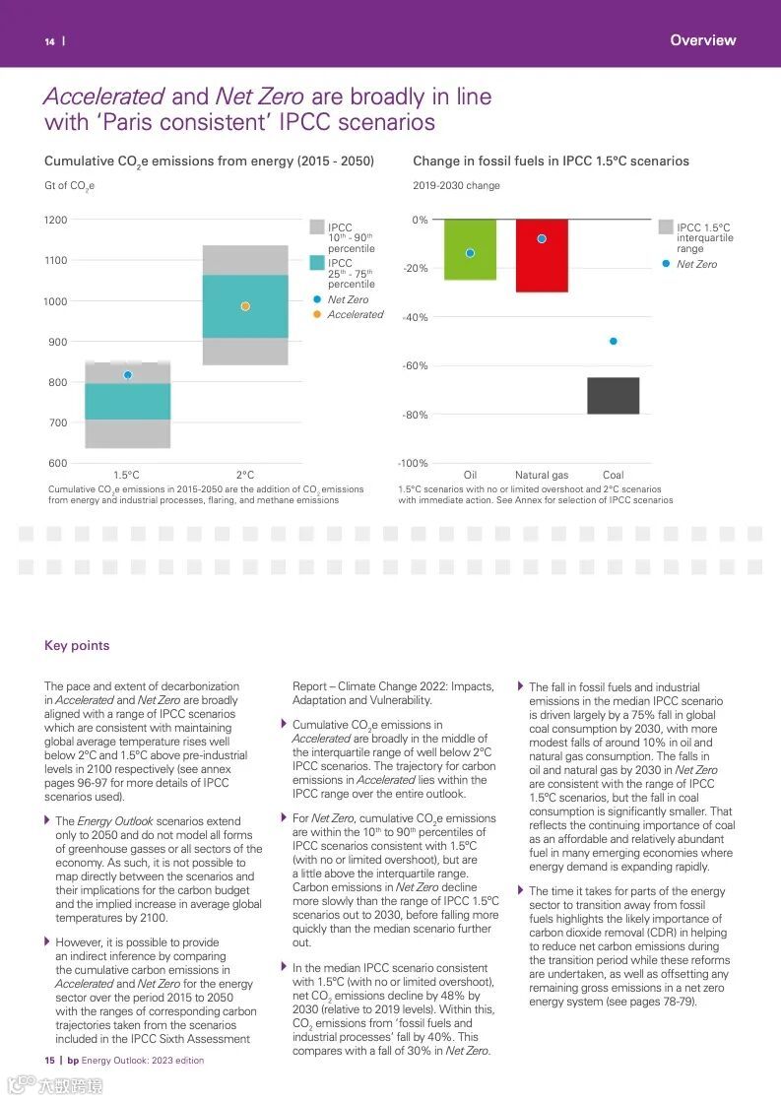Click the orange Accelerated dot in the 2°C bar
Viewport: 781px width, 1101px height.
(x=245, y=306)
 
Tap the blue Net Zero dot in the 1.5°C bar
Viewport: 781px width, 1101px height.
(x=128, y=375)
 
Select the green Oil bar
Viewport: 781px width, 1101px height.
(x=470, y=249)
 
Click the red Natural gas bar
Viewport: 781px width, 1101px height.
(x=542, y=255)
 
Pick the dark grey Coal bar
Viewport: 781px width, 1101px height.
(x=613, y=395)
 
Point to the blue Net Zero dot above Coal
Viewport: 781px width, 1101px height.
(x=613, y=342)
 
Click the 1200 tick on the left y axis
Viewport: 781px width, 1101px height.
(x=56, y=220)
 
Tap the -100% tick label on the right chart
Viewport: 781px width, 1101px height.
(x=413, y=464)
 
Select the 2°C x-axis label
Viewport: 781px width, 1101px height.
(x=245, y=476)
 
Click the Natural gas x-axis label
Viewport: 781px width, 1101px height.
(x=542, y=476)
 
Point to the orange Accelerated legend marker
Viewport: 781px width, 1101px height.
(x=316, y=315)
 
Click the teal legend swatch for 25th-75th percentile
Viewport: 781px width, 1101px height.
(x=316, y=263)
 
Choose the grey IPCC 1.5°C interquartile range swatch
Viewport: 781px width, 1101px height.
(x=666, y=227)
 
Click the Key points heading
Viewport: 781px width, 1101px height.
(x=77, y=646)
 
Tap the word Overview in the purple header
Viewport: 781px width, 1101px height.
(x=702, y=40)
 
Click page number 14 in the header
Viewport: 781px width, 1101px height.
(x=49, y=41)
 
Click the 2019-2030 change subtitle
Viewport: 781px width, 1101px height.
(x=456, y=185)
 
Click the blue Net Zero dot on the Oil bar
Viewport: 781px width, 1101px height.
(x=470, y=253)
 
